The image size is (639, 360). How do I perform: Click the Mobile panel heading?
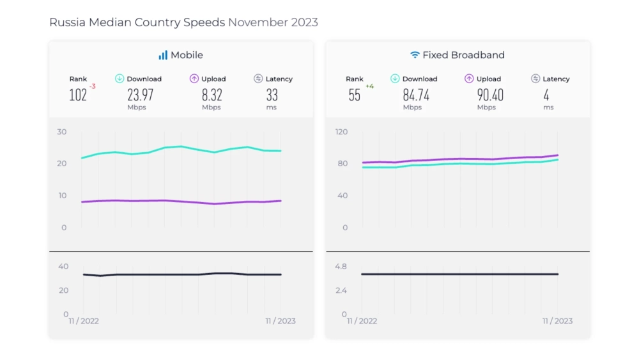click(187, 56)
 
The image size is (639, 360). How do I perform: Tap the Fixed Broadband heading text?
click(463, 56)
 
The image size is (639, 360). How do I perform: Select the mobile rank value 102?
click(78, 95)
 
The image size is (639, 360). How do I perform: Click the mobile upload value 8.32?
click(212, 95)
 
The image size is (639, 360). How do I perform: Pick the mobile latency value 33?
click(272, 95)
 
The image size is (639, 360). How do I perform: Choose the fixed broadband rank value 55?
click(355, 95)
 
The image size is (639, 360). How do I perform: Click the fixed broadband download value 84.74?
click(416, 95)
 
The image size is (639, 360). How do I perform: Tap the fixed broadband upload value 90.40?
click(490, 95)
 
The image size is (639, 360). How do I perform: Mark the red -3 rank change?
click(93, 86)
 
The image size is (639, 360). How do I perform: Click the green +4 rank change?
click(369, 86)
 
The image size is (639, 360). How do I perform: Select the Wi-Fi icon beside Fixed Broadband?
click(415, 56)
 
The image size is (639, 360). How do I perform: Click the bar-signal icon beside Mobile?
click(163, 56)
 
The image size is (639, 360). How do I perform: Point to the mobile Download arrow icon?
click(119, 79)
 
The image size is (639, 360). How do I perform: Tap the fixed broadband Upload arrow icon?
click(469, 79)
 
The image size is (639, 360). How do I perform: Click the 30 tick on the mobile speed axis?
click(61, 132)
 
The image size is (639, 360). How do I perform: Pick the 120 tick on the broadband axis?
click(341, 132)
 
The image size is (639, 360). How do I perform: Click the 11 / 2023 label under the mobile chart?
click(281, 321)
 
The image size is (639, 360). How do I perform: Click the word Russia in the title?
click(68, 22)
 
